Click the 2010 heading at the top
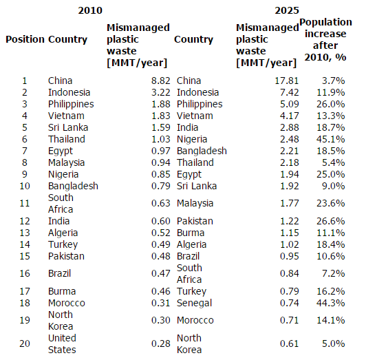90,10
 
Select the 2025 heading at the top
287,10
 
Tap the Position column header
25,39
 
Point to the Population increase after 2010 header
325,39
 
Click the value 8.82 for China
160,81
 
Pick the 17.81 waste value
287,81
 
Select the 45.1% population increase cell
331,139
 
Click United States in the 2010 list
62,344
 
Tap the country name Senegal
194,303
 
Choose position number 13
25,233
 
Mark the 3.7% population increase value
334,81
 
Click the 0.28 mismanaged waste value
160,343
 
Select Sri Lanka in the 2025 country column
197,186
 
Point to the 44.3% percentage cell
331,303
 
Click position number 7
25,151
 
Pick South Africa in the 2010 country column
61,203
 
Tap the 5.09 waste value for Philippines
289,104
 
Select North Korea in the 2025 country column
189,344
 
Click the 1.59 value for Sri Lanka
160,127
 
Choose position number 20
25,343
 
